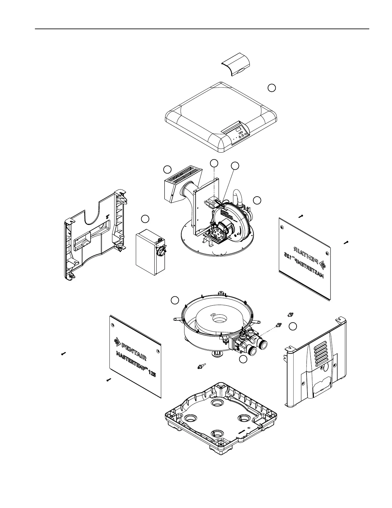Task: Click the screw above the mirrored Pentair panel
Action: click(x=300, y=216)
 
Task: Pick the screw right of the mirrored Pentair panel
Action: click(x=346, y=242)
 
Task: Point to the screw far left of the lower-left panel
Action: click(x=63, y=354)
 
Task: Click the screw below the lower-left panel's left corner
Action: click(x=109, y=380)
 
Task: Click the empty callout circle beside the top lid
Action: click(x=272, y=88)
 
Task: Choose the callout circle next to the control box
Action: click(x=145, y=219)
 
